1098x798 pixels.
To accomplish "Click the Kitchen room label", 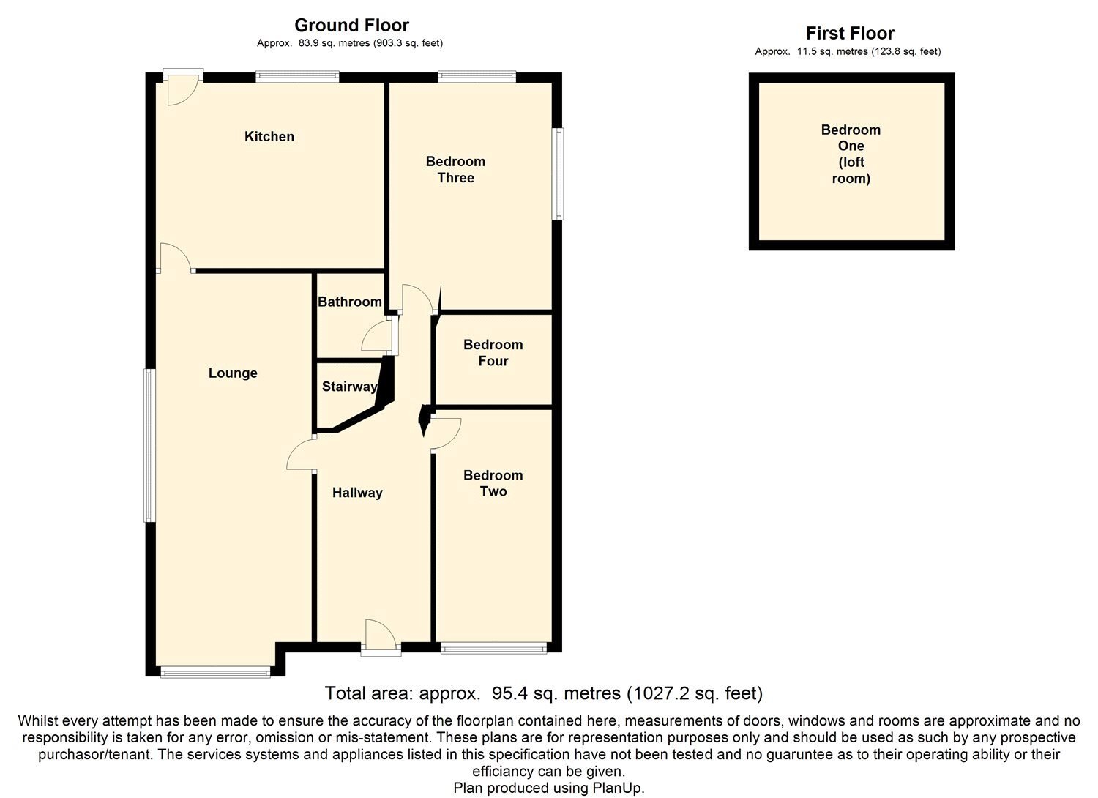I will coord(269,137).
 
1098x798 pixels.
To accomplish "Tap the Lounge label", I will coord(233,373).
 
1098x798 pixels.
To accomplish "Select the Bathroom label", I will coord(349,302).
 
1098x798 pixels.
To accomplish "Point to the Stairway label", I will coord(349,387).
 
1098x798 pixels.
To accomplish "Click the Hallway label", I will coord(357,493).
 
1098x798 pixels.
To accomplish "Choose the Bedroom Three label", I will coord(455,170).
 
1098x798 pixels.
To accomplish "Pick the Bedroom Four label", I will coord(493,353).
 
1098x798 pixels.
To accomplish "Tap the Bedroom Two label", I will coord(493,483).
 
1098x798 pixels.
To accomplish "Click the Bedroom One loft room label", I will coord(851,154).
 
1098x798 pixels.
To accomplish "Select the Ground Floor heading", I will coord(351,26).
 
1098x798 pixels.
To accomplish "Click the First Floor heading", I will coord(850,33).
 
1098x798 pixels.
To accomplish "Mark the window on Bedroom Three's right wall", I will coord(559,174).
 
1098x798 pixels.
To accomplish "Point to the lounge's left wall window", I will coord(149,445).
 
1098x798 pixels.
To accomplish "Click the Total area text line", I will coord(543,693).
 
